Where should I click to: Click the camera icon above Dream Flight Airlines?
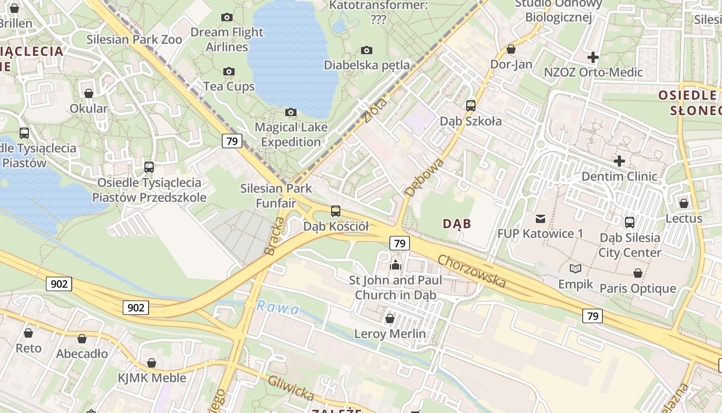pos(226,18)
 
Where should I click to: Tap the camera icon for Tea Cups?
pos(229,71)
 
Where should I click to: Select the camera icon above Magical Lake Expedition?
pos(291,112)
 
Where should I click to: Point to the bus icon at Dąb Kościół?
pos(336,211)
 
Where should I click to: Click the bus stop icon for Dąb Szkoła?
pos(471,106)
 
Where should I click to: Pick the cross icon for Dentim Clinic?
pos(619,161)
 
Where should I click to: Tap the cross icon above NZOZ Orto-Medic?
pos(593,57)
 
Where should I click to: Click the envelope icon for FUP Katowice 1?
pos(540,218)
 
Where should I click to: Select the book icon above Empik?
pos(576,269)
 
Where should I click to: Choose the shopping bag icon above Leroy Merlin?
pos(390,319)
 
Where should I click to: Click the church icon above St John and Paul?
pos(396,265)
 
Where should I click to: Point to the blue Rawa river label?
pos(278,308)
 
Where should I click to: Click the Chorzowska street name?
pos(471,271)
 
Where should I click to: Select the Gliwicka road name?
pos(291,387)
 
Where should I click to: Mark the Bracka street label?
pos(274,236)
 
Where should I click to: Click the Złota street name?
pos(375,109)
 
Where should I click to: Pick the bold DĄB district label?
pos(457,224)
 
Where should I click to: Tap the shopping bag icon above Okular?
pos(89,93)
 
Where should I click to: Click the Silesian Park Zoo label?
pos(134,39)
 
